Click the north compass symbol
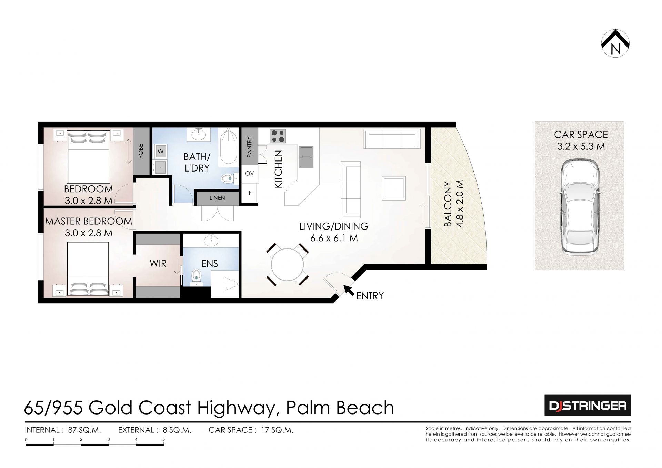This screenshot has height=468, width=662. point(615,43)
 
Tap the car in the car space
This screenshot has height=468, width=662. point(579,208)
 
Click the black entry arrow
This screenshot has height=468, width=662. point(349,290)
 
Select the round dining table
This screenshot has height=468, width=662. point(288,265)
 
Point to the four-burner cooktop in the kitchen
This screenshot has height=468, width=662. point(278,136)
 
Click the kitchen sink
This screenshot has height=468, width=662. point(306,157)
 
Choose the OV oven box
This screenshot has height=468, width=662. point(250,174)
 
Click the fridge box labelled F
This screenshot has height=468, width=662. point(250,193)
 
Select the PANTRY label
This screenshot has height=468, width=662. point(249,147)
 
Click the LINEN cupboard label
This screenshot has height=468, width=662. point(217,198)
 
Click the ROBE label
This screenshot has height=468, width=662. point(141,151)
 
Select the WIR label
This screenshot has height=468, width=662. point(158,264)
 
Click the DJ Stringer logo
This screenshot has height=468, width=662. point(588,406)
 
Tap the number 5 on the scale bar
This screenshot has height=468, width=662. point(164,440)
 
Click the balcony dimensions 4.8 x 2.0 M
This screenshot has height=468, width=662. point(460,204)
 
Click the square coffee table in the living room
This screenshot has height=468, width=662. point(394,188)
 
